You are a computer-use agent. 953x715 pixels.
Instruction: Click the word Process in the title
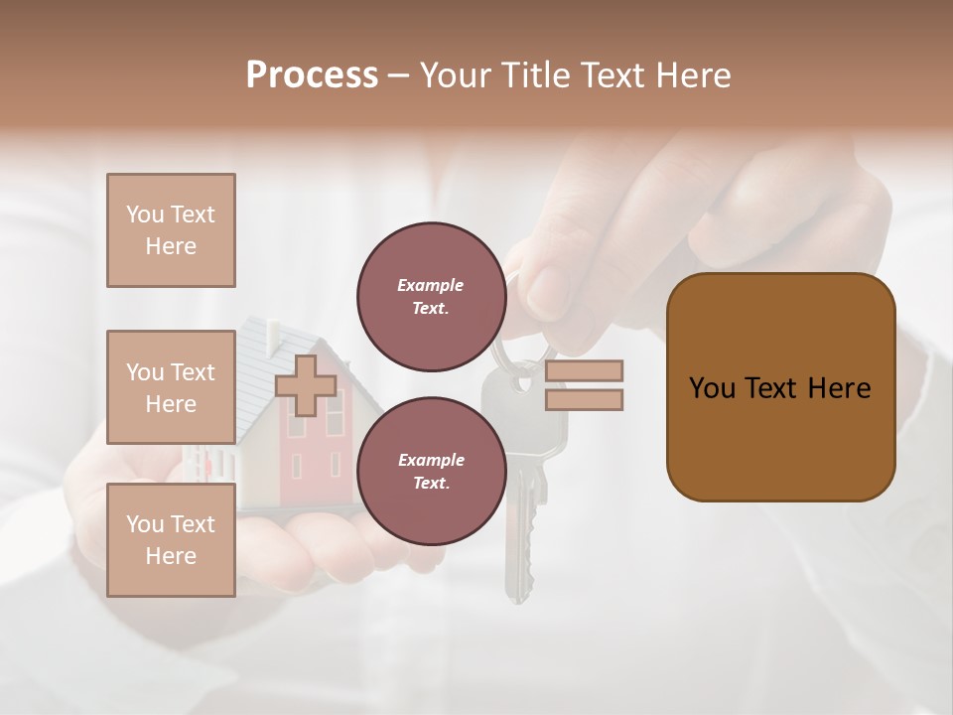pos(312,75)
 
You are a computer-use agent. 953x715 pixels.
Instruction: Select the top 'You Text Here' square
pos(171,230)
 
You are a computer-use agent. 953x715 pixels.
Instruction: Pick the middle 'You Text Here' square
pos(171,387)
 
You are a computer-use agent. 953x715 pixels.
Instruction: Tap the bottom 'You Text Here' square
pos(171,540)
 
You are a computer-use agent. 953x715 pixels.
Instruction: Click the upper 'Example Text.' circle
pos(431,296)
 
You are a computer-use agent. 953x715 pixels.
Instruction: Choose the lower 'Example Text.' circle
pos(431,471)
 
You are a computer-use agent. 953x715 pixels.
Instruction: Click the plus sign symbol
pos(306,385)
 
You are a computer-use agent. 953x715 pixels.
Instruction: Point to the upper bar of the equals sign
pos(584,370)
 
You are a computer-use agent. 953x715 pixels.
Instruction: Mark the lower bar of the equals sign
pos(584,400)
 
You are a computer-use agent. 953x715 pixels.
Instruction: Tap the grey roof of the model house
pos(260,367)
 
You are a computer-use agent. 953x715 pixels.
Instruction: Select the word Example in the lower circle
pos(431,460)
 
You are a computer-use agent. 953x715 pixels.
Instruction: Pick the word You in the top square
pos(144,214)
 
